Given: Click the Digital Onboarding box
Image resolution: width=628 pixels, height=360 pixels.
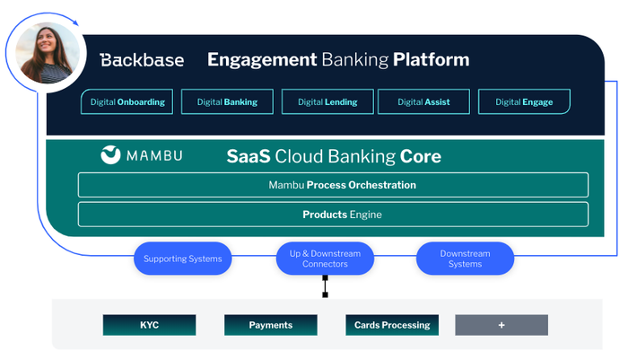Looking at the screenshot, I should coord(127,102).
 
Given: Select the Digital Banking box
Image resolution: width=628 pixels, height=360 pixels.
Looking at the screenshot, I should coord(227,102).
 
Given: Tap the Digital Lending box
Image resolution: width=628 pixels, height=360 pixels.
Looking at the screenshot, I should coord(327,102).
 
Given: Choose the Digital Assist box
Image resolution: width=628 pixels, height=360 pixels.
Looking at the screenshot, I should coord(424,102).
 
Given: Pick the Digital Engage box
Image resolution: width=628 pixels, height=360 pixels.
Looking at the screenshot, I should coord(524,102).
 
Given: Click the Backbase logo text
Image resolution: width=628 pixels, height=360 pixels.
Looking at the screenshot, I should coord(142,60).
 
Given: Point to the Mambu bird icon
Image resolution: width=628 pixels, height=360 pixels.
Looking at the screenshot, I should coord(111,154).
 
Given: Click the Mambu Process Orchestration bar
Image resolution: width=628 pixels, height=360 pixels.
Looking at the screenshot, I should coord(333,185).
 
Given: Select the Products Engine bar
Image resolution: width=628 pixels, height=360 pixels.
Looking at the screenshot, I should coord(333,215).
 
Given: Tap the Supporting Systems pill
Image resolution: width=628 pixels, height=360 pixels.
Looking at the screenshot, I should coord(182,259).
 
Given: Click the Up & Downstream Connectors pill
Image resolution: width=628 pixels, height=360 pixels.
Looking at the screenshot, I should coord(325,259).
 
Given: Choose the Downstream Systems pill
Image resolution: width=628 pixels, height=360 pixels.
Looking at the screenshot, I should coord(465,259).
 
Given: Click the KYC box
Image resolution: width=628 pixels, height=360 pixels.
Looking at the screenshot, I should coord(149,325).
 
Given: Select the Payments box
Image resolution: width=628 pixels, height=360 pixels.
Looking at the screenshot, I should coord(271,325).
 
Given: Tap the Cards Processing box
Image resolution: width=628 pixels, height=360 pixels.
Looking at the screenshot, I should coord(392,325).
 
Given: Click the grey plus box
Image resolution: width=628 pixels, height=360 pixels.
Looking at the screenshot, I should coord(502,325).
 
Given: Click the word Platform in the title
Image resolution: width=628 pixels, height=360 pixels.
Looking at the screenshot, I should coord(431,60).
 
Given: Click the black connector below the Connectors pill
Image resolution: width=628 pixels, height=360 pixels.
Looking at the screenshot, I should coord(325,286).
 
